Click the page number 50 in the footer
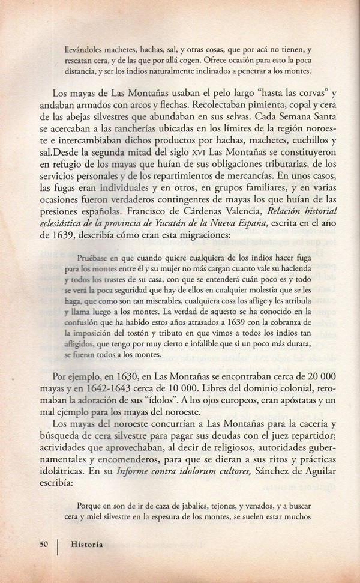[x=43, y=545]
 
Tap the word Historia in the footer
[x=86, y=545]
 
